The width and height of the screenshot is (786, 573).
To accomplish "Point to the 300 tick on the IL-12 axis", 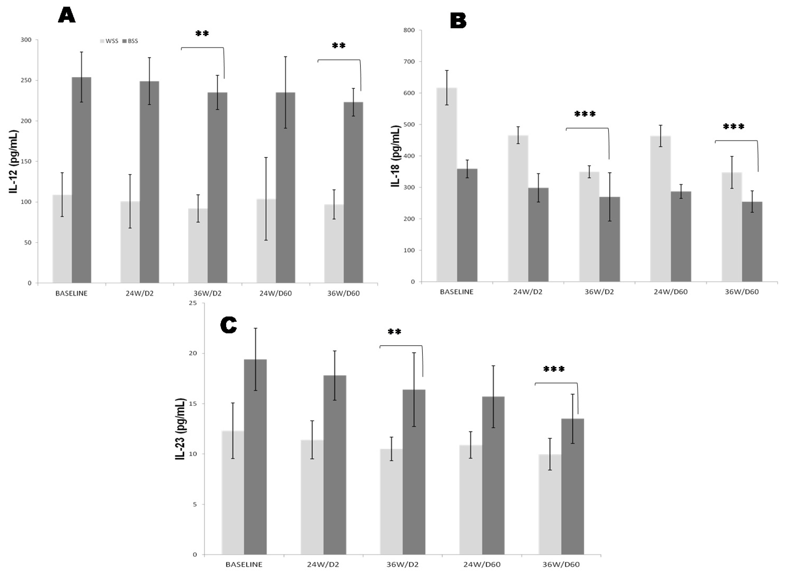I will (x=26, y=40).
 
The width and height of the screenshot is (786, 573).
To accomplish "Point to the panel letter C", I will (x=228, y=325).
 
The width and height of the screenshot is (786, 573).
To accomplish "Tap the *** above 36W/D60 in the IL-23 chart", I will (x=554, y=369).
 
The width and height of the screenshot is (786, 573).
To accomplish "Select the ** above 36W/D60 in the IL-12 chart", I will (x=339, y=46).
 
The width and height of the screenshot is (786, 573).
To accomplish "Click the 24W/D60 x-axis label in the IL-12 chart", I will (x=276, y=293).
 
